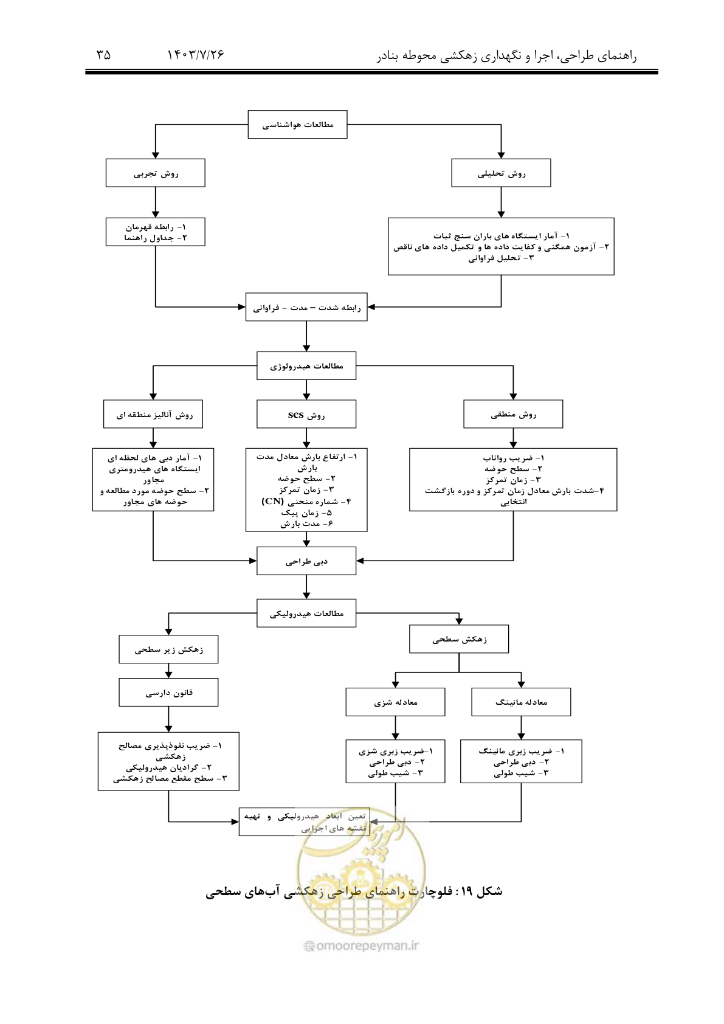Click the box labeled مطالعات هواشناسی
tap(297, 124)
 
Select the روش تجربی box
tap(156, 173)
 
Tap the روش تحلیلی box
tap(501, 173)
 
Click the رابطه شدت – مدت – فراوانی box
tap(306, 306)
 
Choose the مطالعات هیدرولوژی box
tap(306, 365)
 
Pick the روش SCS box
tap(306, 414)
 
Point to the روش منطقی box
tap(513, 414)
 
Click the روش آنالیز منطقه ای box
tap(153, 414)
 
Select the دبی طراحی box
tap(306, 561)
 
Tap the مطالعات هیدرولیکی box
tap(306, 613)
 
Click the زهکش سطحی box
tap(459, 639)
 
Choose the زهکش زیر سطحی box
tap(168, 649)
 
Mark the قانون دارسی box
tap(168, 692)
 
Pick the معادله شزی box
tap(395, 702)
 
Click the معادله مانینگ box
tap(521, 702)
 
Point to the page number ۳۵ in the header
tap(103, 55)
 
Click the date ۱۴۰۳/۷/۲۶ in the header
tap(196, 55)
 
